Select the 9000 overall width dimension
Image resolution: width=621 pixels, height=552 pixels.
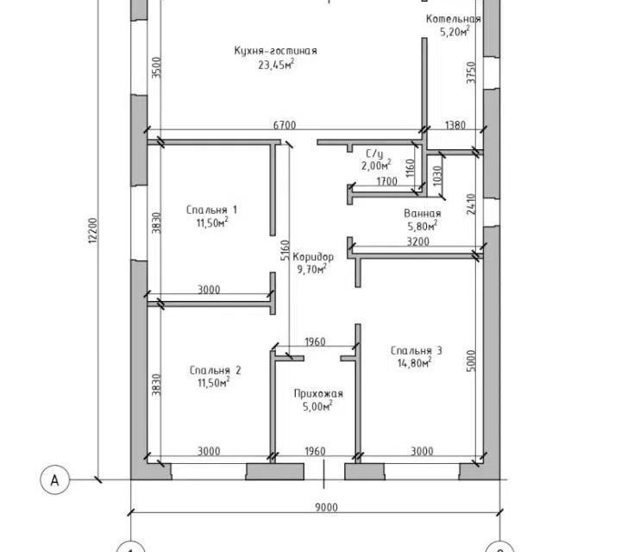pos(327,507)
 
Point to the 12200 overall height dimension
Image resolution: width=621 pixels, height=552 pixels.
pos(92,229)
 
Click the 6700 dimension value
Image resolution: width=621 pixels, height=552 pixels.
pos(285,125)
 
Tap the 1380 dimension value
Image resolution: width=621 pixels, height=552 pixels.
pos(455,125)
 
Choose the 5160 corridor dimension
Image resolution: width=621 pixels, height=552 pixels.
pos(285,250)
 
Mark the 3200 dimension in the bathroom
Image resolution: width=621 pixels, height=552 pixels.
pos(417,241)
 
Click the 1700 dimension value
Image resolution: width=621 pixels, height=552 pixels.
pos(386,181)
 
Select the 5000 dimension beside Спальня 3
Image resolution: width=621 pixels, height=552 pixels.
pos(471,361)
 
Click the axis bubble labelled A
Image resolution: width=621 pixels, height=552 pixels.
pos(54,480)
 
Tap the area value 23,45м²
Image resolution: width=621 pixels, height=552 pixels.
pos(276,64)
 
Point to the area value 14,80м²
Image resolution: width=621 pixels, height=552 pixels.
pos(414,363)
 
